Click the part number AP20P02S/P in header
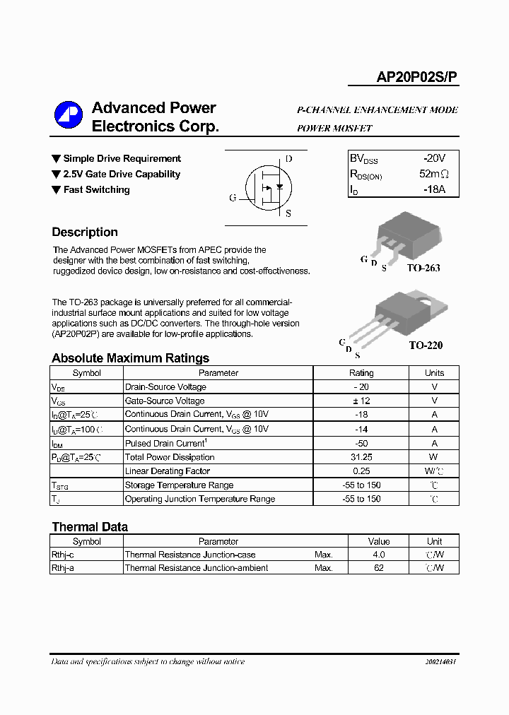coord(416,77)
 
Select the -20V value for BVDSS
coord(434,159)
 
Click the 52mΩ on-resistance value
coord(434,175)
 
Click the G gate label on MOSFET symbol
coord(233,198)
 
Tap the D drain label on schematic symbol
coord(288,159)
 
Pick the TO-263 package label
coord(423,268)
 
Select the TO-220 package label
coord(426,345)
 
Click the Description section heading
coord(85,232)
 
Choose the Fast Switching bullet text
coord(96,189)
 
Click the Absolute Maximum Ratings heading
coord(131,358)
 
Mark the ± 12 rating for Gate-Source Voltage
coord(361,401)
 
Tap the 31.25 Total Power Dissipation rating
coord(361,457)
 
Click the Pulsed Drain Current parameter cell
coord(165,443)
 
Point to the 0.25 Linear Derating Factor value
coord(361,471)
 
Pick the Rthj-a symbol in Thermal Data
coord(63,568)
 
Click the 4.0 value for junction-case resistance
coord(379,555)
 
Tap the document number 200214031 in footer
coord(440,662)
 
